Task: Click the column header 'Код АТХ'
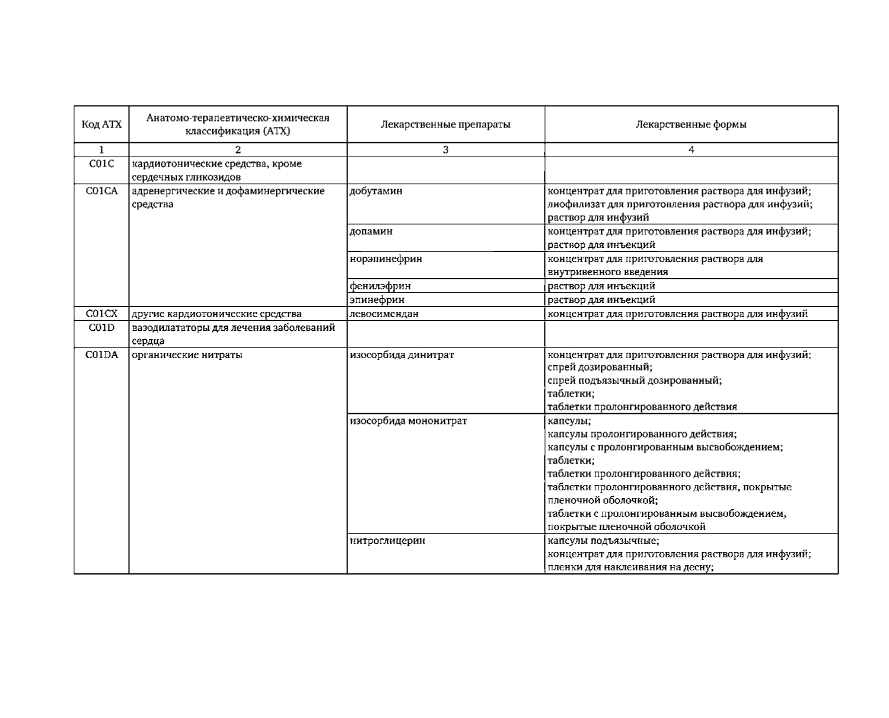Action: [x=101, y=125]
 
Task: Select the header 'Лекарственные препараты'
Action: [x=445, y=125]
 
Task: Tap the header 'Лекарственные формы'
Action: [x=691, y=125]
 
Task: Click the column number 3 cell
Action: [x=445, y=150]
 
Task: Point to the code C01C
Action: [x=101, y=164]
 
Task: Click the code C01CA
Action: [x=101, y=191]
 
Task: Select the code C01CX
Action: [x=101, y=314]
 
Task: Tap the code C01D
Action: [x=101, y=327]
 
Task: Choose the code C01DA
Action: [x=101, y=355]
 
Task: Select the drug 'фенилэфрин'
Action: [x=380, y=286]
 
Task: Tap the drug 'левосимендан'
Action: [x=384, y=314]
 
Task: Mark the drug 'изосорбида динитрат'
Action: [x=402, y=355]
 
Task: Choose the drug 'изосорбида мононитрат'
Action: [x=409, y=421]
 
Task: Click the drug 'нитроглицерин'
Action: [x=388, y=541]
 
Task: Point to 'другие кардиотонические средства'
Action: [x=216, y=314]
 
